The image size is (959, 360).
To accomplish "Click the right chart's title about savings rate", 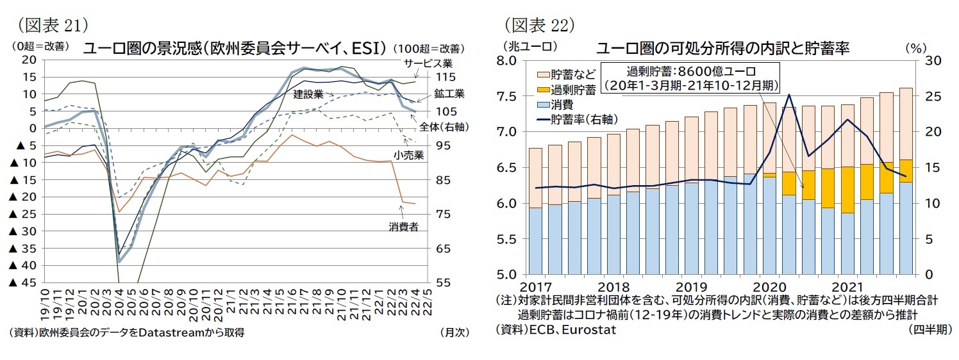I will click(722, 48).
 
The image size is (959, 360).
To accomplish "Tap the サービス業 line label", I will click(428, 63).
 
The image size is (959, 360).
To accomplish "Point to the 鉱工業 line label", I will click(449, 94).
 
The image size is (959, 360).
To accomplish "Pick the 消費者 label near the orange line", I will click(403, 226).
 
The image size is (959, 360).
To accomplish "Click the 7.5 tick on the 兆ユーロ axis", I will click(508, 97).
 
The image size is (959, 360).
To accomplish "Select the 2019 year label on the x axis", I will click(692, 286).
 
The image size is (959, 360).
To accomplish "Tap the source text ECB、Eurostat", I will click(556, 330).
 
